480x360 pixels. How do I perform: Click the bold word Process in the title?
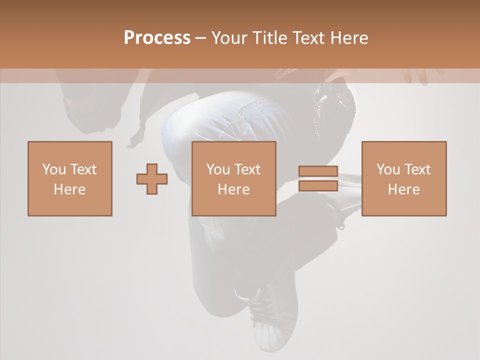pyautogui.click(x=157, y=37)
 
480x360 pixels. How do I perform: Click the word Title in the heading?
pyautogui.click(x=270, y=37)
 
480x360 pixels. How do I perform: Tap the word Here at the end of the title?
pyautogui.click(x=349, y=37)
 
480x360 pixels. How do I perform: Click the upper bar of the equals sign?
pyautogui.click(x=318, y=171)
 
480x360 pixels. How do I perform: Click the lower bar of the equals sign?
pyautogui.click(x=318, y=186)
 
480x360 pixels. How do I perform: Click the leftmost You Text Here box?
pyautogui.click(x=70, y=178)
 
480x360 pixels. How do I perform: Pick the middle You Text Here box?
pyautogui.click(x=233, y=178)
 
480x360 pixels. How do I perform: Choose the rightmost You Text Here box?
pyautogui.click(x=403, y=178)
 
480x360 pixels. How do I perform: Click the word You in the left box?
pyautogui.click(x=53, y=169)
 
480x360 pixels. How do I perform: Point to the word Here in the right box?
pyautogui.click(x=403, y=189)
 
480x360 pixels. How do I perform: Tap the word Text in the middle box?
pyautogui.click(x=247, y=169)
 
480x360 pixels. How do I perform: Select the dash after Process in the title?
pyautogui.click(x=200, y=37)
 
